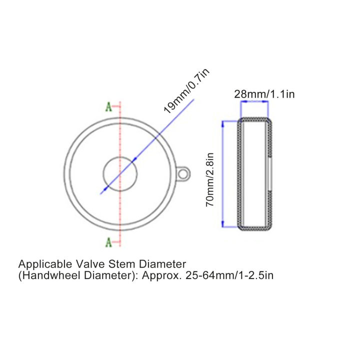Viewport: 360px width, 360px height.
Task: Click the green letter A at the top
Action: (108, 106)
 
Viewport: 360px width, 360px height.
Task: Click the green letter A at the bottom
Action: (108, 243)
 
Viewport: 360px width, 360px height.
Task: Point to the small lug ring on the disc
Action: (184, 173)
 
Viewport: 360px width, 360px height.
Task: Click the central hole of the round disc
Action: (120, 173)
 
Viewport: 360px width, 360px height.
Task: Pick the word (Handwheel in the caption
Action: (43, 275)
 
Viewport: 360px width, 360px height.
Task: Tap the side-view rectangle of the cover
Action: (254, 174)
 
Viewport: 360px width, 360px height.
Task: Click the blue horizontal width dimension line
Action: (254, 102)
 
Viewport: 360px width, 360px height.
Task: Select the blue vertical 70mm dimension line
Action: (223, 174)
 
